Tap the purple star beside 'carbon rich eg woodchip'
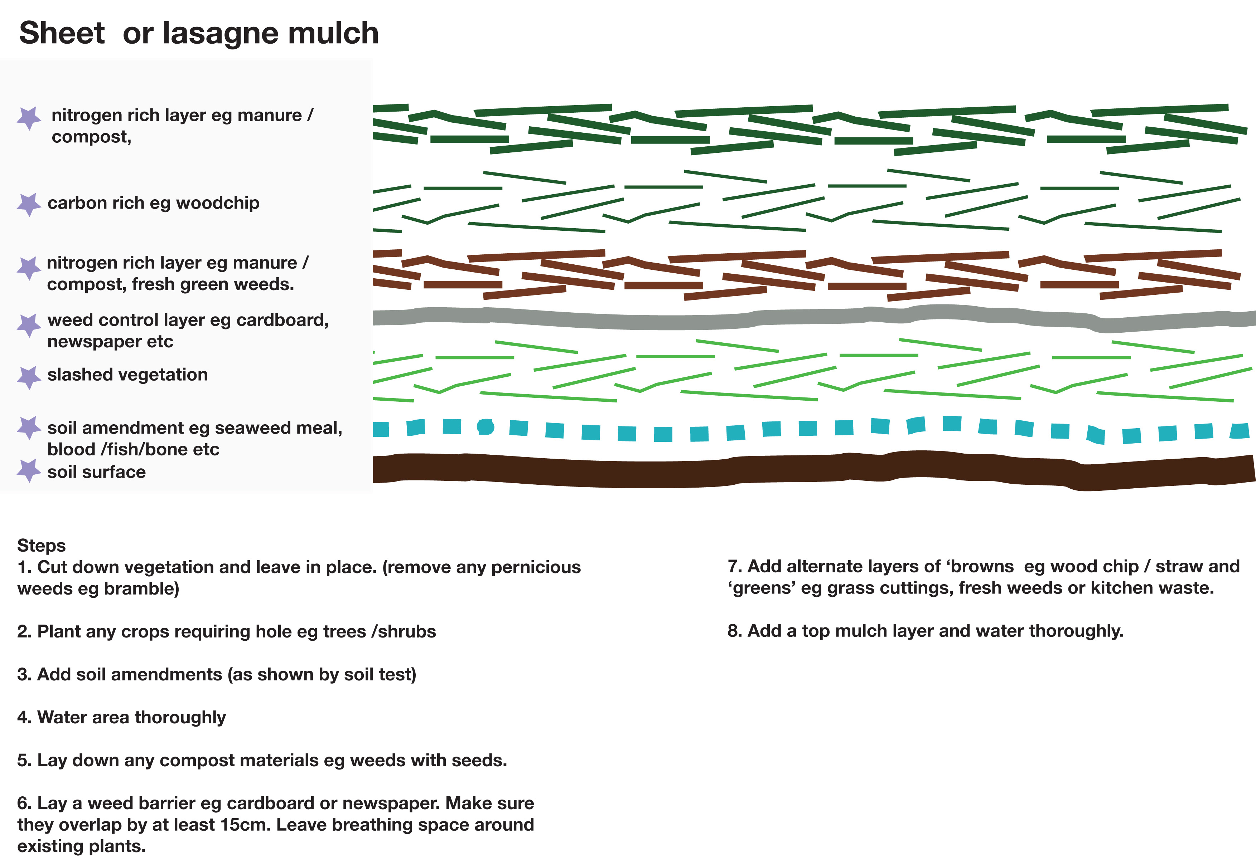click(x=29, y=204)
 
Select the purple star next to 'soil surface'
click(x=29, y=470)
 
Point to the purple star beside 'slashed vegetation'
click(x=29, y=377)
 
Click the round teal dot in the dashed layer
click(x=486, y=427)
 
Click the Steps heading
click(x=41, y=545)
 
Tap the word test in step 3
click(x=397, y=675)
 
